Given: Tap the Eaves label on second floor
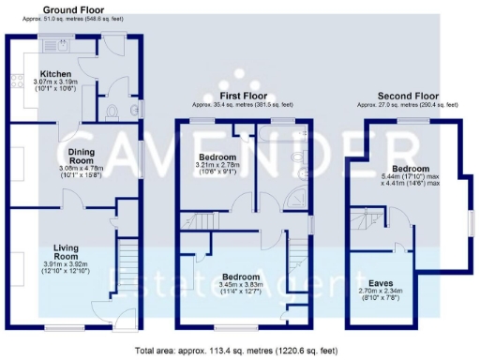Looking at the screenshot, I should (381, 282).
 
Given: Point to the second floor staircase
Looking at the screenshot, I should (367, 226).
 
